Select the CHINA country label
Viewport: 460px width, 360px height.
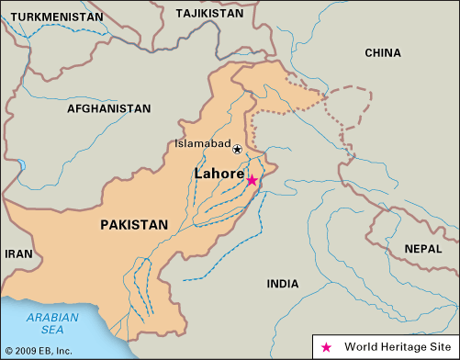pyautogui.click(x=382, y=53)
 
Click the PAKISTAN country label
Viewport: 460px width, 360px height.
pyautogui.click(x=134, y=224)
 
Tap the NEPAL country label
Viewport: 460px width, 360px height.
pyautogui.click(x=423, y=248)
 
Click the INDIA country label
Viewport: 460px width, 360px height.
pyautogui.click(x=283, y=284)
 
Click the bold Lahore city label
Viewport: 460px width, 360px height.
pyautogui.click(x=219, y=173)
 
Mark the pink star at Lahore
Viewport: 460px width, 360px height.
pyautogui.click(x=252, y=181)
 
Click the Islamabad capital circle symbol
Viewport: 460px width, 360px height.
pyautogui.click(x=237, y=149)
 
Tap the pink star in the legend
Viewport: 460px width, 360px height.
pyautogui.click(x=326, y=347)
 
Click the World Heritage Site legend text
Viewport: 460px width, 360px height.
pyautogui.click(x=396, y=347)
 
